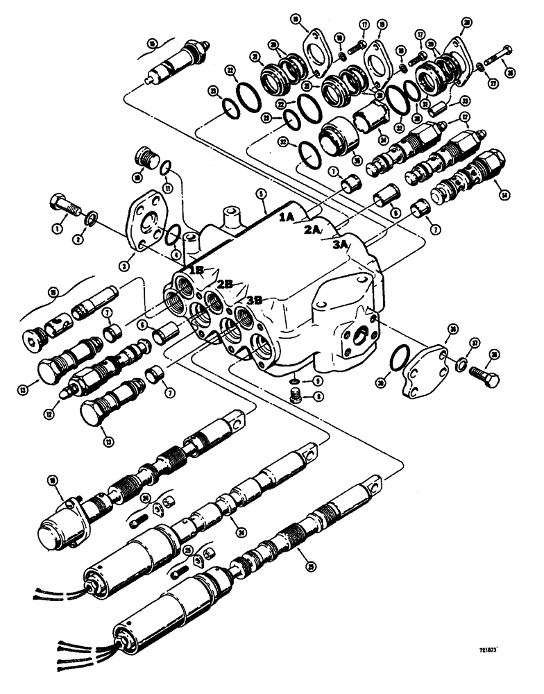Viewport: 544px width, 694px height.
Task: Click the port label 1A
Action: (x=287, y=217)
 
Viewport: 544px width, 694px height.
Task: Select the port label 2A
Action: (x=312, y=230)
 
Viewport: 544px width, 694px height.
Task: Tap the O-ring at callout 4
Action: (x=176, y=236)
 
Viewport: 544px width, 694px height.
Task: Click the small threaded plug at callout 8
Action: (x=296, y=396)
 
